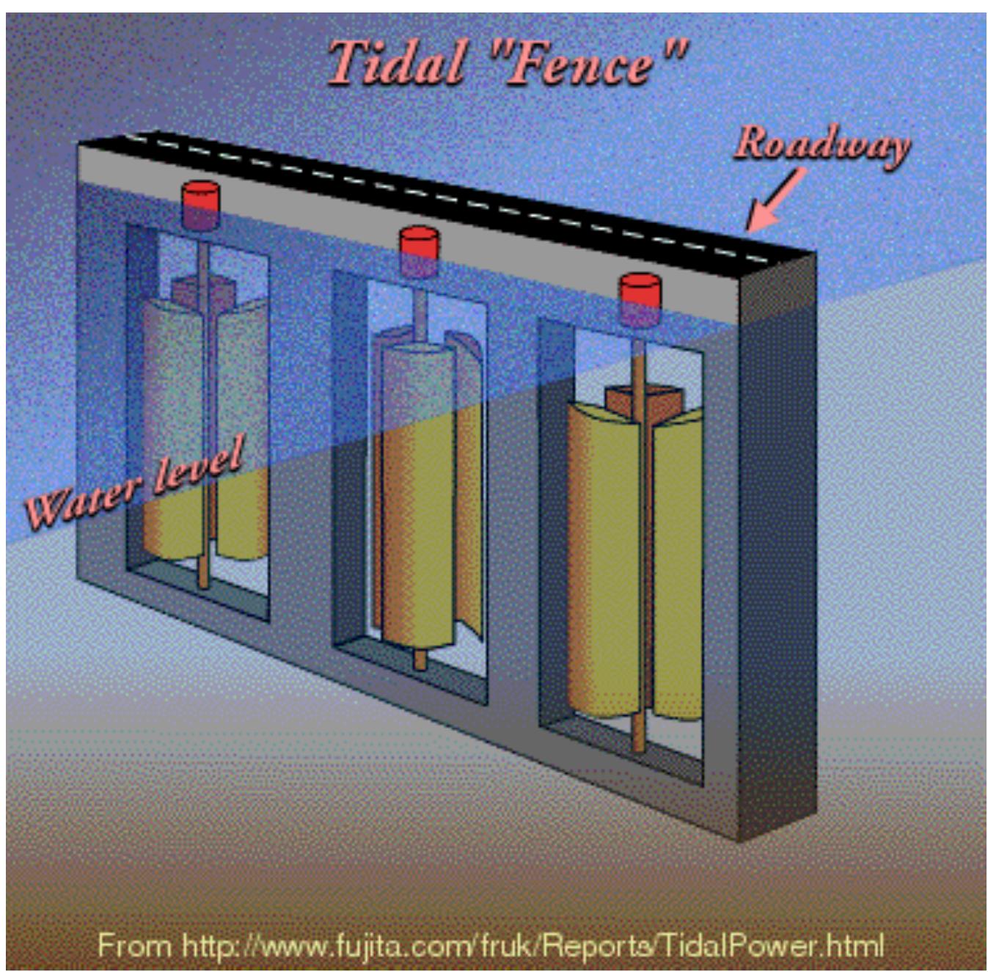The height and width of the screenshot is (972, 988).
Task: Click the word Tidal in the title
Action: [395, 63]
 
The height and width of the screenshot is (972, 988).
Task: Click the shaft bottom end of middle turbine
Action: [420, 659]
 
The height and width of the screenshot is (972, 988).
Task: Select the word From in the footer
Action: [134, 946]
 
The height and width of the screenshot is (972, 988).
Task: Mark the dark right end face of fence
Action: [777, 550]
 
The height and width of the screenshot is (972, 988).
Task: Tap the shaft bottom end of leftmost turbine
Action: [203, 580]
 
